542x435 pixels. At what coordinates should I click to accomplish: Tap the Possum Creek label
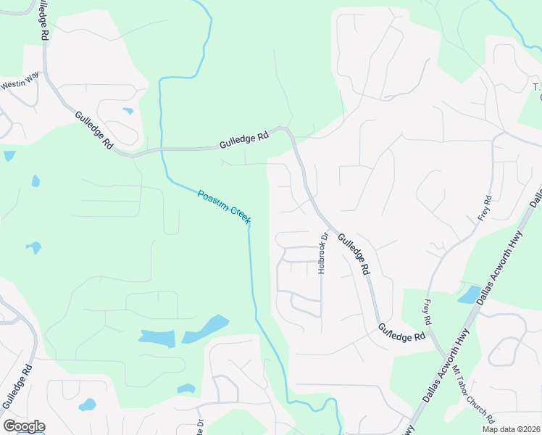tap(224, 206)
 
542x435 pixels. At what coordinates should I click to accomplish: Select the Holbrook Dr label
tap(323, 252)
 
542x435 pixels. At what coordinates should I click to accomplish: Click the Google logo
tap(24, 426)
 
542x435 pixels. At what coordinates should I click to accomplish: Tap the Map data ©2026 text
tap(512, 429)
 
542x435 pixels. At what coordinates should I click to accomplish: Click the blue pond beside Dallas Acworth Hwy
tap(469, 294)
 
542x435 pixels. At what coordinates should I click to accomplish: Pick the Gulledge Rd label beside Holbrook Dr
tap(353, 252)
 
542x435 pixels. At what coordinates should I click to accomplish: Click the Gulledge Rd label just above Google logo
tap(17, 386)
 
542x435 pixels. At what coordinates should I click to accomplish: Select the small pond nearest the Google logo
tap(87, 405)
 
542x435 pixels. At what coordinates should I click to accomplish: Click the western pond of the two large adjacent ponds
tap(157, 338)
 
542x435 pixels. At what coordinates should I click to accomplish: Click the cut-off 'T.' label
tap(537, 88)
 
